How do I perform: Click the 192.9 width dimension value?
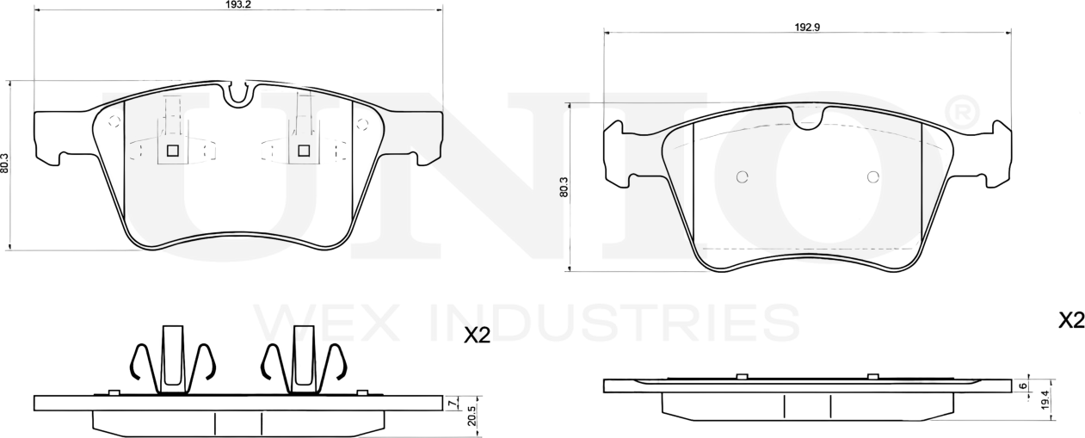click(806, 27)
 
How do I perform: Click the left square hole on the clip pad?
click(172, 151)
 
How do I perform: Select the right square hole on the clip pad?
click(303, 151)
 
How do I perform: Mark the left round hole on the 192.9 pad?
click(743, 177)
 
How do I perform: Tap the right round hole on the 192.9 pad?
click(872, 177)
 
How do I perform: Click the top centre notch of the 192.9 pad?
click(807, 119)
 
